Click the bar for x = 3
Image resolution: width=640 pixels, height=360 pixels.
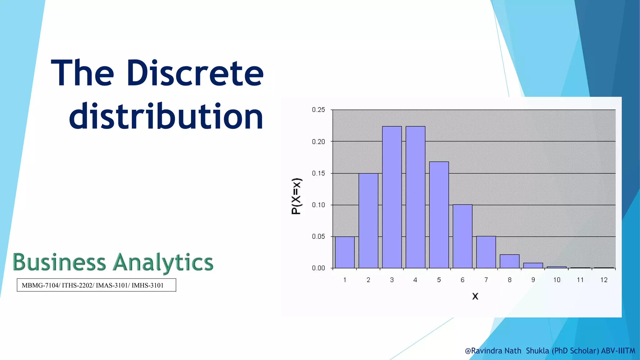point(392,197)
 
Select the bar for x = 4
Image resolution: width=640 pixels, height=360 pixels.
point(415,197)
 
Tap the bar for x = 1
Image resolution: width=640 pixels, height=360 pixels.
point(345,252)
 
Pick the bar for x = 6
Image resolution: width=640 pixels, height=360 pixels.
point(462,236)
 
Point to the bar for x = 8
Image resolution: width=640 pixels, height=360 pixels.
point(509,261)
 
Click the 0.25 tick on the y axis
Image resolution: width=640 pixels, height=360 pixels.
point(318,110)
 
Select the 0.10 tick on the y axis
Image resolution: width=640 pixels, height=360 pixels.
point(318,205)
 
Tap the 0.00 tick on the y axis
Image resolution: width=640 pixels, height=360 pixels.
point(318,268)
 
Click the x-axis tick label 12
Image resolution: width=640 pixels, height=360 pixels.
point(604,280)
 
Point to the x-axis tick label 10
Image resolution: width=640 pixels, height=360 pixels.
point(557,280)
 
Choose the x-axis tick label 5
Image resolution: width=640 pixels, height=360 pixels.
point(439,280)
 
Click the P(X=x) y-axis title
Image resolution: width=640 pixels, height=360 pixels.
point(296,196)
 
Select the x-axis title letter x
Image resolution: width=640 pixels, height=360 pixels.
point(475,296)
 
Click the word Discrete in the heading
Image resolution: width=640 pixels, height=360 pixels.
point(195,73)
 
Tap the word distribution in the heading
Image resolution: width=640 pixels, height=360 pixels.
point(166,116)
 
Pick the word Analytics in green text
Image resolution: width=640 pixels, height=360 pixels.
point(163,262)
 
